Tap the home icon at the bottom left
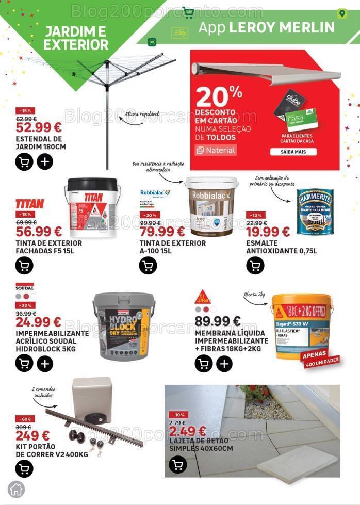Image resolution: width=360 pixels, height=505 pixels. [x=17, y=489]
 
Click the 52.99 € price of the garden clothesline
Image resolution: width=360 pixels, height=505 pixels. [x=39, y=127]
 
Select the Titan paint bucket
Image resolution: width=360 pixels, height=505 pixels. [x=93, y=203]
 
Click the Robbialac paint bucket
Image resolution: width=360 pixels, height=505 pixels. [x=211, y=203]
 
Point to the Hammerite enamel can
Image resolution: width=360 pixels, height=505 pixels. [x=315, y=212]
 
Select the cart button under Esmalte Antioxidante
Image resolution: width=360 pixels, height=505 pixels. [x=255, y=266]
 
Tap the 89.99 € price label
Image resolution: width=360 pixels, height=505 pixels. [x=218, y=322]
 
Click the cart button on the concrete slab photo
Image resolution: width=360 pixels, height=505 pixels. [x=178, y=466]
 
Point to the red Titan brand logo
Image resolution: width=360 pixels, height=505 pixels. [x=29, y=204]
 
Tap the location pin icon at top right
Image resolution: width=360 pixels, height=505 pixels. [x=341, y=13]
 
